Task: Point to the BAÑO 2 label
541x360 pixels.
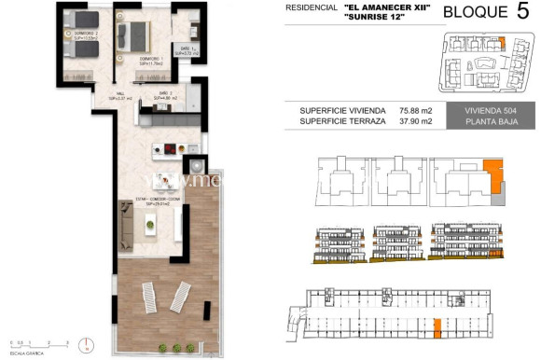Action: coord(163,92)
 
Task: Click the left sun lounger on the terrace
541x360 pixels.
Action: coord(150,298)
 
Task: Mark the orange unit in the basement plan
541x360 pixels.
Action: coord(437,327)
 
